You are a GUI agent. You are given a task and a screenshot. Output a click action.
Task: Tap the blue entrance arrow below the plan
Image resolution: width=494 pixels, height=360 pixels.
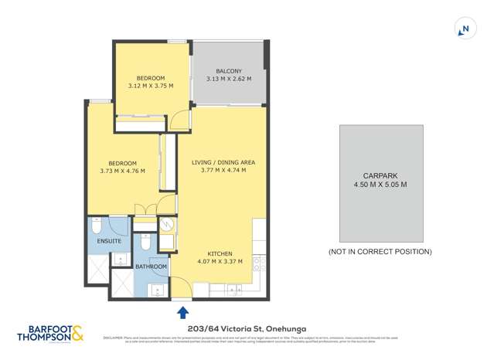(x=183, y=312)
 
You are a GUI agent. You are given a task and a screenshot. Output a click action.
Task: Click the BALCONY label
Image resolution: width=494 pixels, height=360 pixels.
(x=229, y=71)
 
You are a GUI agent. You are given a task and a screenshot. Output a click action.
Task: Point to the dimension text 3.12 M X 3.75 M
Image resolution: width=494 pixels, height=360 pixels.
(x=151, y=87)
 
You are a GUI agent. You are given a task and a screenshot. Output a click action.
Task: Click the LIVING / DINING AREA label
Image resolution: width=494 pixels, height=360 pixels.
(x=223, y=162)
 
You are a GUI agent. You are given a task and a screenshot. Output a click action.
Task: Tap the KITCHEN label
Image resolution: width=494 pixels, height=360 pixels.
(x=220, y=253)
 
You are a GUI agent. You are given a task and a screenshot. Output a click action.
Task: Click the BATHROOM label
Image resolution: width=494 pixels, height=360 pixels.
(x=151, y=267)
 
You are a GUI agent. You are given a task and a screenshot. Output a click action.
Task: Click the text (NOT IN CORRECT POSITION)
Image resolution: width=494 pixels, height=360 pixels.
(x=380, y=252)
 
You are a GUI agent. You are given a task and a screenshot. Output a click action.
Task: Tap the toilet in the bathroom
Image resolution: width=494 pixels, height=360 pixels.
(x=145, y=242)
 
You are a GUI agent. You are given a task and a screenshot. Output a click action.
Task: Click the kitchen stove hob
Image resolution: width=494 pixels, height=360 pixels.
(x=259, y=267)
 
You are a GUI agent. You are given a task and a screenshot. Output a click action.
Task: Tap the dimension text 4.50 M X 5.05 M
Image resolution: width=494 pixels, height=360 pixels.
(x=380, y=185)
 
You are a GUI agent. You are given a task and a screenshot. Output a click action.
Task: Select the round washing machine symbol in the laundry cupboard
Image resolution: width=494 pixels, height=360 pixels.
(x=168, y=225)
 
